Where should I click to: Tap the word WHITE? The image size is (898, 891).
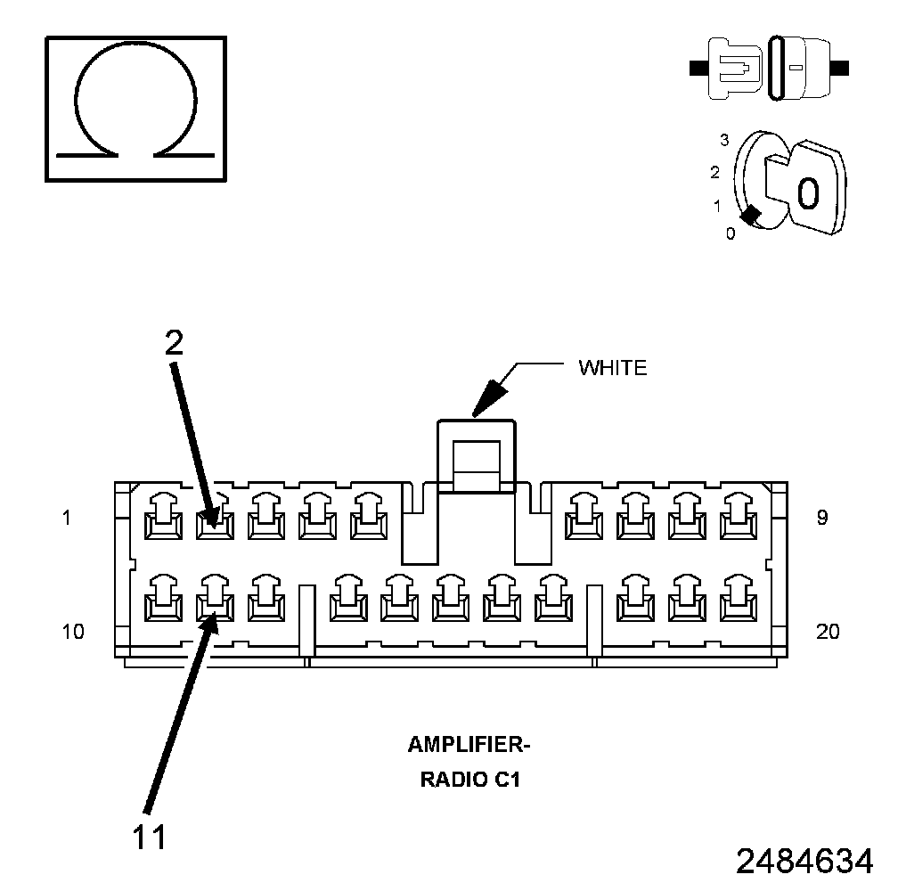pos(612,367)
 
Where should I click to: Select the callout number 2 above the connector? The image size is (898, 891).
pos(173,342)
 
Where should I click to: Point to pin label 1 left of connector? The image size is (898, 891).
pos(67,517)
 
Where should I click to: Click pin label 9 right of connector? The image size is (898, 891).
pos(821,517)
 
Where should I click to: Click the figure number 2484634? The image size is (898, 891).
pos(804,862)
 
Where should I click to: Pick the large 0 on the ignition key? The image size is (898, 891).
pos(807,192)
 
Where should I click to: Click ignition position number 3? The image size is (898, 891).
pos(724,140)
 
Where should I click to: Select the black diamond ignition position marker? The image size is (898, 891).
pos(750,216)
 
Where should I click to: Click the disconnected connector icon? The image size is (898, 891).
pos(770,67)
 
